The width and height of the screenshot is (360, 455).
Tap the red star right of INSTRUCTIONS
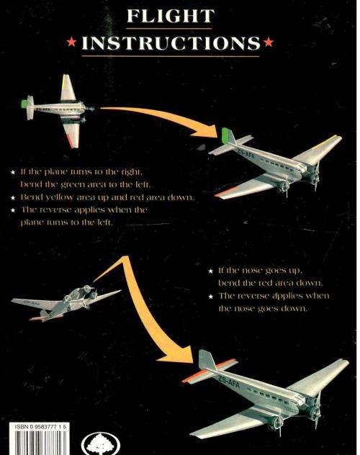[x=269, y=44]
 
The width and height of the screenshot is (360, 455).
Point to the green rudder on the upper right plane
[x=227, y=135]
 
